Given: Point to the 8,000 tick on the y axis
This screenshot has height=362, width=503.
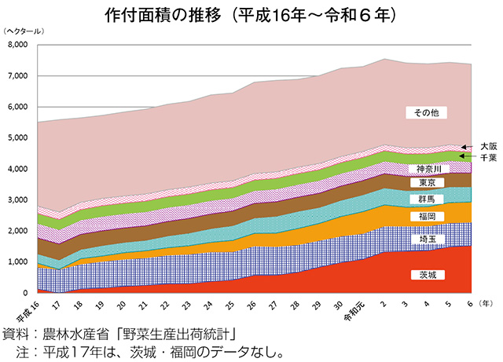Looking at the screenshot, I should (x=17, y=45).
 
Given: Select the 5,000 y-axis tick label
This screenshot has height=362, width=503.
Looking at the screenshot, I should (x=17, y=137).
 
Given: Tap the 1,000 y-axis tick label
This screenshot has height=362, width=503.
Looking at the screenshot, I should (x=17, y=261).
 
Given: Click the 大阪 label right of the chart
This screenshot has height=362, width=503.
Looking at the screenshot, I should (x=488, y=145).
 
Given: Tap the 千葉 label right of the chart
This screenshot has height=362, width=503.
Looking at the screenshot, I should (x=488, y=157).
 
